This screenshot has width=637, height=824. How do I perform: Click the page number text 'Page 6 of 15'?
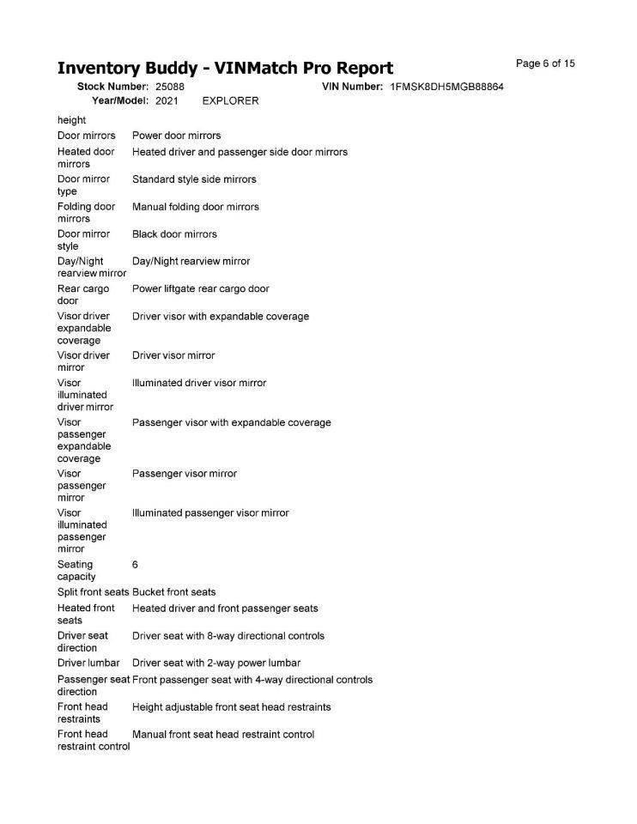pos(545,64)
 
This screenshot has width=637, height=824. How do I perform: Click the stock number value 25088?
pos(170,88)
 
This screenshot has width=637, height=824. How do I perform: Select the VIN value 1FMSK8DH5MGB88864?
pos(446,88)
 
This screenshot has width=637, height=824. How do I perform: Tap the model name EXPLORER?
pos(230,101)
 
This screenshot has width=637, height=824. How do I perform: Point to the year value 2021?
pos(167,101)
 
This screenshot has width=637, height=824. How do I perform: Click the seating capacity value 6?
pos(136,565)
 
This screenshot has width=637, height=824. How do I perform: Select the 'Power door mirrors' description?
pos(176,136)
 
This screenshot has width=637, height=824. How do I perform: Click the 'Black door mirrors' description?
pos(174,234)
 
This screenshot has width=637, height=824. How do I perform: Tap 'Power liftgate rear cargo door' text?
pos(200,289)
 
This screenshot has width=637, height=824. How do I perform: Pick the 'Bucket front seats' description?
pos(174,592)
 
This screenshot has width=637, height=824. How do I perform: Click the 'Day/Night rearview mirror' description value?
pos(191,261)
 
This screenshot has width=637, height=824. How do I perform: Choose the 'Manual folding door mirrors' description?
pos(195,207)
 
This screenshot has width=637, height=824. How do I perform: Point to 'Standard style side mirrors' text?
pos(194,179)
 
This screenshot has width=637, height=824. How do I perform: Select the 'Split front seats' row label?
pos(93,592)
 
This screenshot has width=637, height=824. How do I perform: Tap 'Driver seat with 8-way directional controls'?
pos(227,636)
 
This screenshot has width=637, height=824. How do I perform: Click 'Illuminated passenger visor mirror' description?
pos(210,513)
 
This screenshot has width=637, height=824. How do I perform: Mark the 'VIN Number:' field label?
pos(352,88)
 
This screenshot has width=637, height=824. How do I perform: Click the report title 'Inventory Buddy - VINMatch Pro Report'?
pos(225,69)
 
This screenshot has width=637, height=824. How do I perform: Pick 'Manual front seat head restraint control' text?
pos(223,735)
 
